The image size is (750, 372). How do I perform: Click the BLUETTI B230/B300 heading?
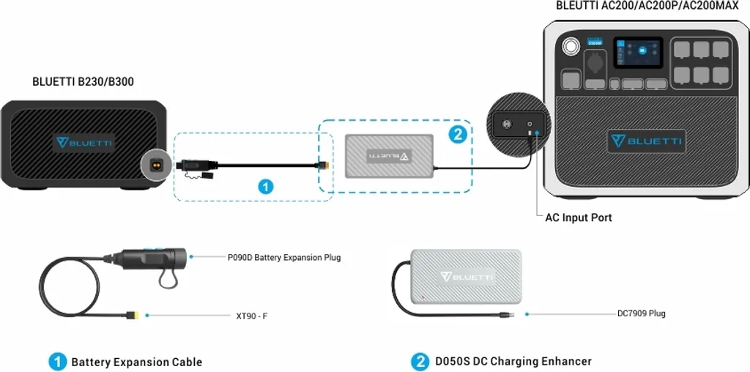(x=83, y=82)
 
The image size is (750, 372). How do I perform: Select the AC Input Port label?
(x=579, y=217)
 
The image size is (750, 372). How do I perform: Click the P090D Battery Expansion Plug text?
(x=283, y=258)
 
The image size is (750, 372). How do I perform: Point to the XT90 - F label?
(x=250, y=316)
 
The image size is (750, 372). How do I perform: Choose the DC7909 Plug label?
(x=641, y=313)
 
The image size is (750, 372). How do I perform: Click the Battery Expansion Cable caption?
(x=136, y=362)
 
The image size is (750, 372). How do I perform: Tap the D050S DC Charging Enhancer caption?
(x=513, y=361)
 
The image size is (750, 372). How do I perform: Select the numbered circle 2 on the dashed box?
(x=457, y=134)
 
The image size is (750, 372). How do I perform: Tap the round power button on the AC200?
(x=569, y=46)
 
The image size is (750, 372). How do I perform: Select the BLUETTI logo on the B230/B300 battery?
(x=82, y=142)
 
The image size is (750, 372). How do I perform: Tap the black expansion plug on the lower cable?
(x=150, y=257)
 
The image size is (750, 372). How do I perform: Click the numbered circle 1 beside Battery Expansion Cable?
(x=58, y=362)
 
